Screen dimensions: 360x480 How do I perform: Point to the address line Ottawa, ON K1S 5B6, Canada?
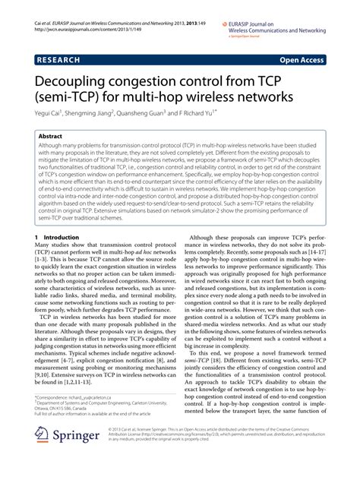(67, 430)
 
